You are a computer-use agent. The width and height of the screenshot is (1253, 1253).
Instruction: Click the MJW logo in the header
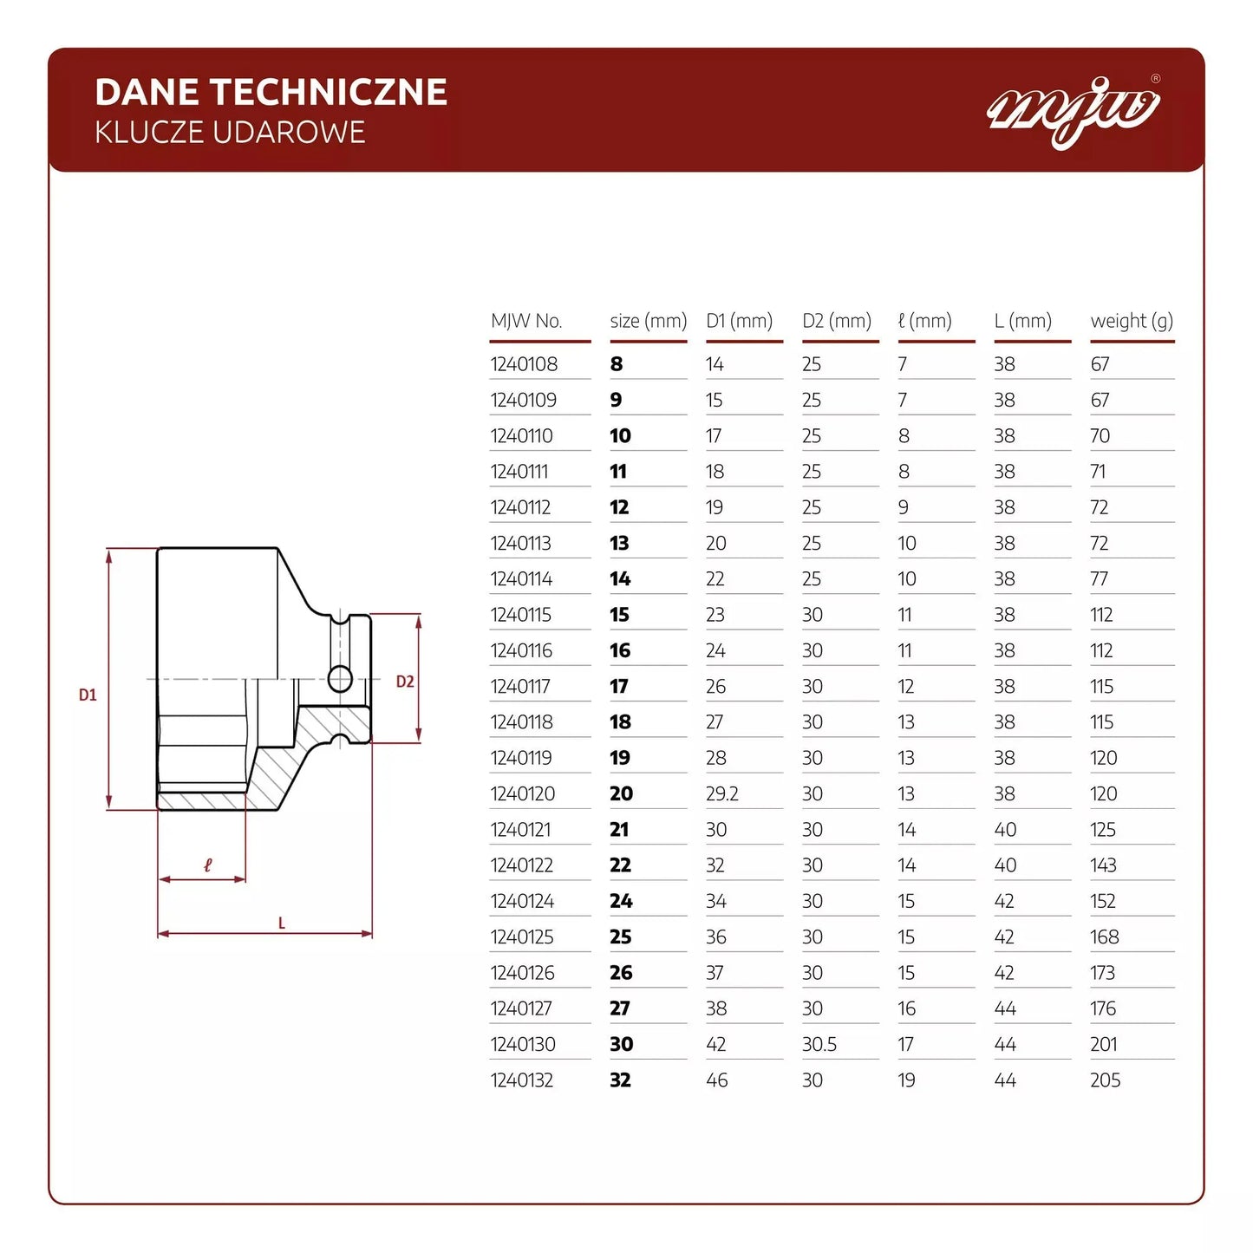(x=1074, y=110)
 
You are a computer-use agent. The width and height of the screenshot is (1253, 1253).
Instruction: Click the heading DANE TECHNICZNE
(x=271, y=92)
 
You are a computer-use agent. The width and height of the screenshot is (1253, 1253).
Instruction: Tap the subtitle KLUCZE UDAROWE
(x=230, y=133)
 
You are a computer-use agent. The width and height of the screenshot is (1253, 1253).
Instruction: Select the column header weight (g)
(x=1132, y=321)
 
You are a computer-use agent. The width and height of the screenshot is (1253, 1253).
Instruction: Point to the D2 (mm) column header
(x=837, y=321)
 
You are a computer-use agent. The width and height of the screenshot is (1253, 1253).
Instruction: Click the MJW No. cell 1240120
(x=523, y=793)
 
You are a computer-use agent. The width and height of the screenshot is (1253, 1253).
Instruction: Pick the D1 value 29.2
(x=722, y=793)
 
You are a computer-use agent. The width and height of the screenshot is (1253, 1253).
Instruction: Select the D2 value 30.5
(x=819, y=1044)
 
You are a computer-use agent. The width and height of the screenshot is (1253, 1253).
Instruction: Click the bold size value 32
(x=621, y=1080)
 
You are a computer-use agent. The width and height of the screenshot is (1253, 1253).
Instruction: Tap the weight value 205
(x=1106, y=1080)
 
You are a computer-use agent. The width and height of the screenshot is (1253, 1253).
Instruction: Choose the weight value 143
(x=1103, y=865)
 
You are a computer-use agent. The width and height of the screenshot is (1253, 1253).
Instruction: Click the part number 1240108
(x=524, y=364)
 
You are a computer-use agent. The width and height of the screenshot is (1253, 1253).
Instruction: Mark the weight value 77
(x=1100, y=579)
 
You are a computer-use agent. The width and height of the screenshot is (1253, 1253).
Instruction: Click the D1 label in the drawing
(x=88, y=695)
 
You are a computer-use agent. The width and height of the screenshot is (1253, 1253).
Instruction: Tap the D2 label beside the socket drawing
(x=405, y=682)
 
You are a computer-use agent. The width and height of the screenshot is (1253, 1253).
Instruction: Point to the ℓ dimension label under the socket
(x=207, y=865)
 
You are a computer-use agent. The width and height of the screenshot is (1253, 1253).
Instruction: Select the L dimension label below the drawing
(x=282, y=923)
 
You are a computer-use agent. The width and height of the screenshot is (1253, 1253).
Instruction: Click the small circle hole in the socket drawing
(x=341, y=678)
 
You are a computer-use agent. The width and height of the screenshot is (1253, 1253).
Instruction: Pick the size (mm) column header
(x=648, y=321)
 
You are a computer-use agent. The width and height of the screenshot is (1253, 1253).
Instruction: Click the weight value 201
(x=1104, y=1044)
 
